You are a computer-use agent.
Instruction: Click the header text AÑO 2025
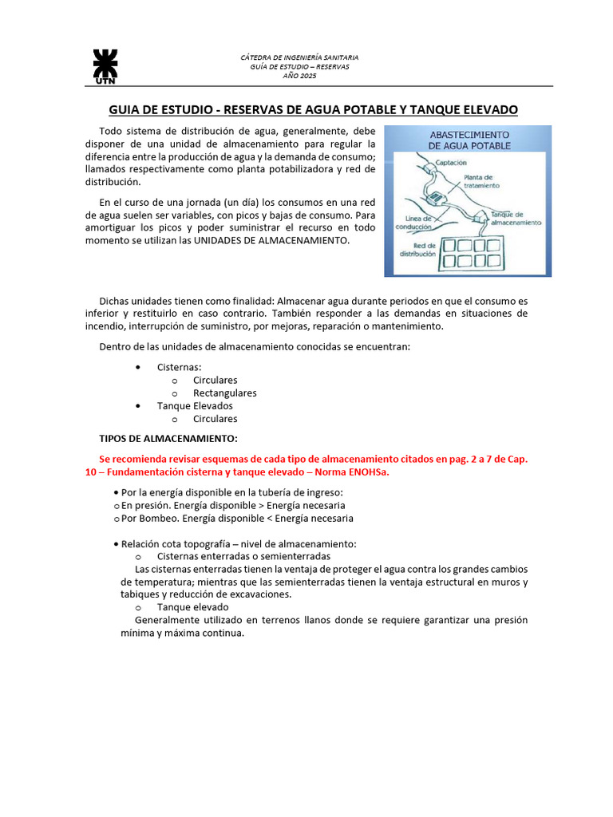[300, 76]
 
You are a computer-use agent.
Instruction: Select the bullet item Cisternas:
[180, 367]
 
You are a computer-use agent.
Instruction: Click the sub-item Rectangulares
[224, 393]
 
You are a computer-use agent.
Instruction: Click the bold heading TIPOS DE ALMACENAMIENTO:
[168, 438]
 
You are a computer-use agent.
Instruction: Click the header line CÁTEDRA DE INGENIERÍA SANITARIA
[300, 57]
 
